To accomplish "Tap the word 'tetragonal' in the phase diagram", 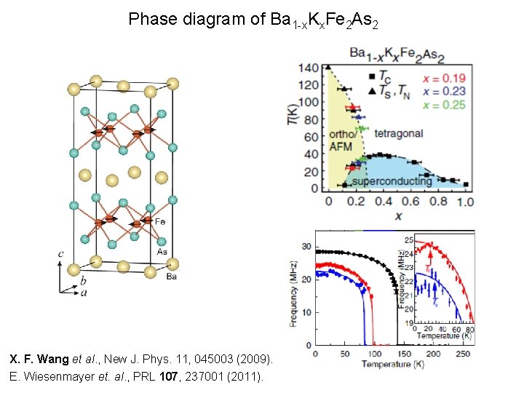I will click(x=398, y=134).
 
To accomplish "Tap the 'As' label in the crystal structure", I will click(x=162, y=251).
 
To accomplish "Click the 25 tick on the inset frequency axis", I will click(x=409, y=240).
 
